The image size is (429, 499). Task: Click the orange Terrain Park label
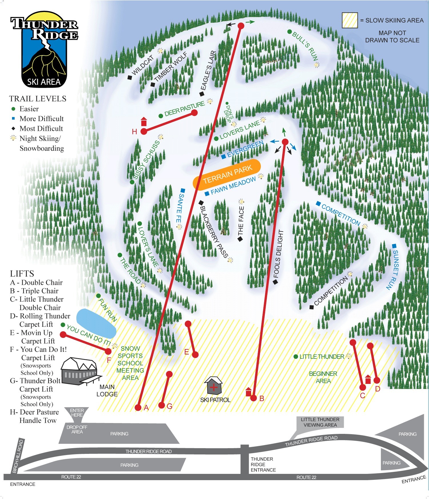(x=227, y=175)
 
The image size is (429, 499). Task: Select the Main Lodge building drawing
(x=80, y=371)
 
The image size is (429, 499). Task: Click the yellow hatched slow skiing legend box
(x=350, y=20)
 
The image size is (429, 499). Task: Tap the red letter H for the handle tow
(x=134, y=132)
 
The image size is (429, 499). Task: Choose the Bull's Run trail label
(x=305, y=46)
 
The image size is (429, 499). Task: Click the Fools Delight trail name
(x=278, y=254)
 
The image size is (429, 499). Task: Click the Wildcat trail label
(x=143, y=65)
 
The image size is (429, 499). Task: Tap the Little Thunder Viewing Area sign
(x=320, y=422)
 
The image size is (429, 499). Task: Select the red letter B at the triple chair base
(x=261, y=398)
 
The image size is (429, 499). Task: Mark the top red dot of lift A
(x=241, y=26)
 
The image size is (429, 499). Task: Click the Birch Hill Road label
(x=18, y=456)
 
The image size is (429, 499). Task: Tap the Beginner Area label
(x=323, y=377)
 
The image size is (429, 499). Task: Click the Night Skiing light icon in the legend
(x=13, y=138)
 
